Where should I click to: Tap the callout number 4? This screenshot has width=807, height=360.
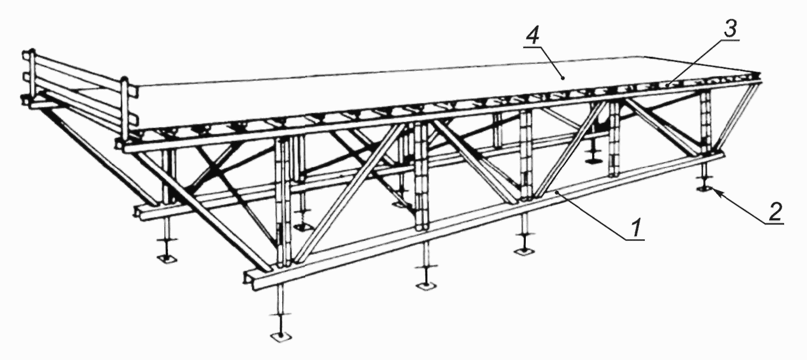[x=533, y=35]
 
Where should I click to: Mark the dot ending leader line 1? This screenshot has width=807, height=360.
[x=557, y=193]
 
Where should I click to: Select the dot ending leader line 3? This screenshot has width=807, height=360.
[x=667, y=85]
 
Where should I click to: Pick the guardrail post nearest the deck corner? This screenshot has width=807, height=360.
[x=124, y=108]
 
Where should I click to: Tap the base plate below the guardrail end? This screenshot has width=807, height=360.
[x=166, y=259]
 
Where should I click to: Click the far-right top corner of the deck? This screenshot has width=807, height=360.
[x=760, y=73]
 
